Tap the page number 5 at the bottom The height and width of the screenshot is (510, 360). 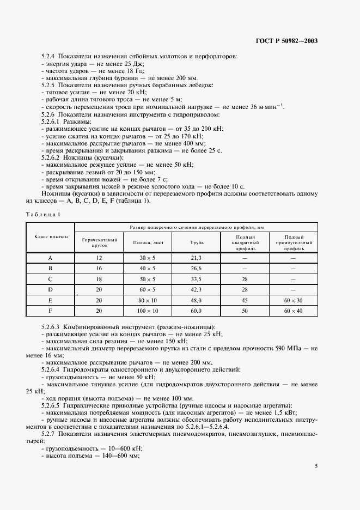[316, 466]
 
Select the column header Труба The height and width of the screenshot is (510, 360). [196, 242]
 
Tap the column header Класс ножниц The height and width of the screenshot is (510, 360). [50, 238]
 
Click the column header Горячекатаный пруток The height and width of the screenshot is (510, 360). [99, 242]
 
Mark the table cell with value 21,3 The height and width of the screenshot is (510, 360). [196, 258]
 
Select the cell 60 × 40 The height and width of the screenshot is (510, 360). [293, 311]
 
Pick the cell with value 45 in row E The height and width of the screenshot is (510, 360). [245, 300]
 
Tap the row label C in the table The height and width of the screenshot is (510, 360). [50, 279]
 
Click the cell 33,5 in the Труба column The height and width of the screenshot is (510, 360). [196, 279]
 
